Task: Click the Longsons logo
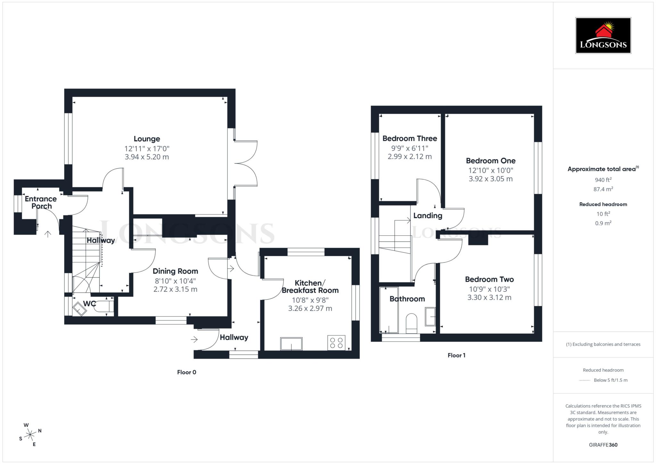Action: [x=603, y=36]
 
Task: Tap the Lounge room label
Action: [x=147, y=139]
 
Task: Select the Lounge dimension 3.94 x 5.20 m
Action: [x=147, y=157]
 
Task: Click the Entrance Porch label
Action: [x=41, y=202]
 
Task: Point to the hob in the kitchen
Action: [x=336, y=343]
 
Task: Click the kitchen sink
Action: [x=291, y=344]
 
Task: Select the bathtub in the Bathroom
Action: [x=389, y=310]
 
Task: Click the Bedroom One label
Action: [x=490, y=161]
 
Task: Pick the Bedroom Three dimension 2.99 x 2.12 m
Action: [x=410, y=157]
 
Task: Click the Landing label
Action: [x=428, y=216]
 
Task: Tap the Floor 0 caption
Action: [x=186, y=372]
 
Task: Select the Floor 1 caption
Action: [x=456, y=355]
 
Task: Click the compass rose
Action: [x=30, y=435]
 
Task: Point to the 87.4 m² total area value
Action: [x=603, y=189]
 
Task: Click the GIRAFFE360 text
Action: [x=603, y=445]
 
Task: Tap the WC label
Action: [x=89, y=304]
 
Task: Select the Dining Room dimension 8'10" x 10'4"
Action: [x=175, y=281]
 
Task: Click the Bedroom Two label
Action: [x=489, y=279]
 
